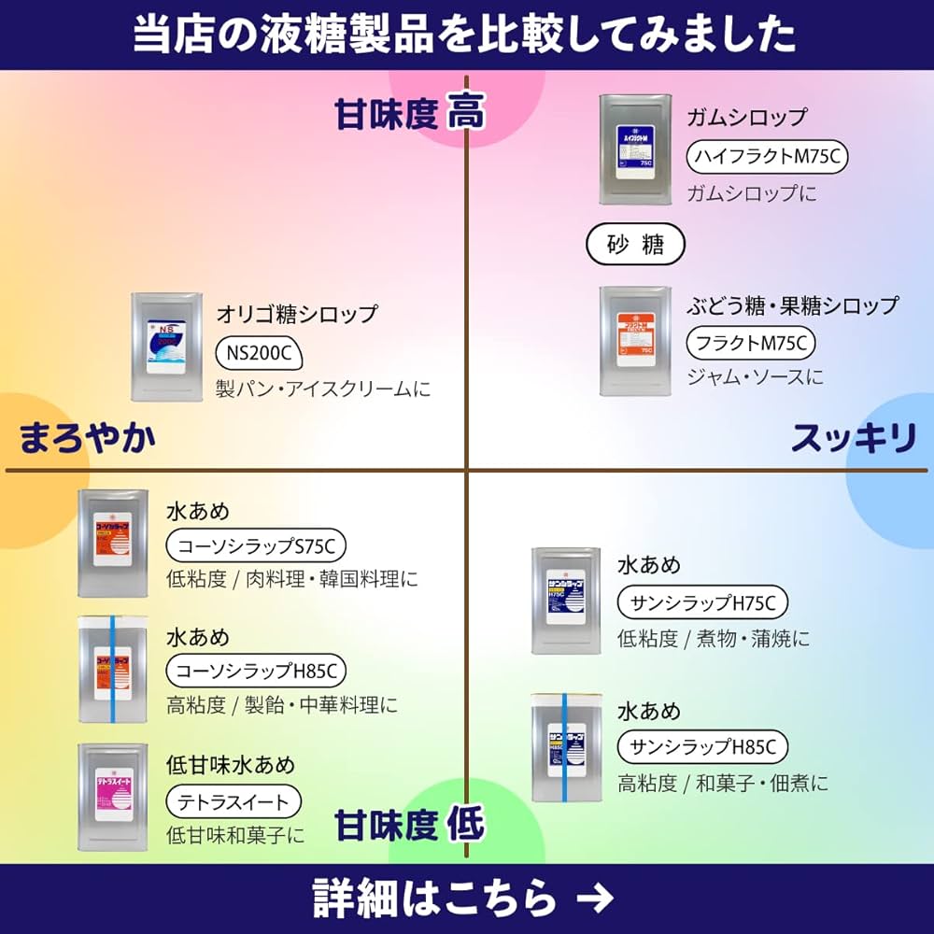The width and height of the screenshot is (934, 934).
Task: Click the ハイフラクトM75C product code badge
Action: pos(767,157)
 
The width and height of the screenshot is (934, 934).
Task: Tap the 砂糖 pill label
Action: pos(635,245)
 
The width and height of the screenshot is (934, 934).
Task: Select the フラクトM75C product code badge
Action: pos(751,343)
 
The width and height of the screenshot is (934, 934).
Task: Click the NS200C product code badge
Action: pos(261,352)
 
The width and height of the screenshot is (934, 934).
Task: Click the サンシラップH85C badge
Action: pos(702,746)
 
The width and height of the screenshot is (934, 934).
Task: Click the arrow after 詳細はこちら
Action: pos(595,899)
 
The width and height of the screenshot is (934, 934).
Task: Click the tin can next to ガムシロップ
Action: pos(635,149)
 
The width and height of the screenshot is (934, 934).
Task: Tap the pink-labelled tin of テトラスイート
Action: pos(113,796)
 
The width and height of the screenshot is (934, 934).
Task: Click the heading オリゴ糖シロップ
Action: pos(297,313)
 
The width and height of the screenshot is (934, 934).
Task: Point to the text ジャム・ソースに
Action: pos(755,376)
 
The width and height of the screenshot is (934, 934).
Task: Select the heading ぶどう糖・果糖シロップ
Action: pos(792,305)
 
